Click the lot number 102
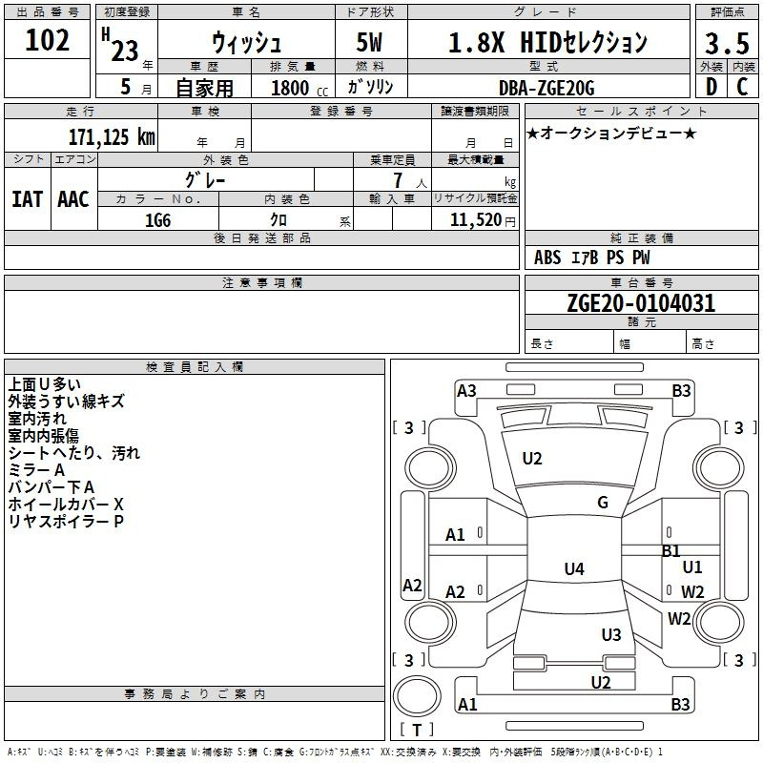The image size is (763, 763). [x=47, y=40]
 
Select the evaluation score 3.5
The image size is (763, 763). [x=727, y=43]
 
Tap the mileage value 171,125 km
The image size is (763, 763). [x=112, y=136]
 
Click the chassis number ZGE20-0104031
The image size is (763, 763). [x=641, y=303]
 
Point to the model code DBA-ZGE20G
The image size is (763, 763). [x=546, y=88]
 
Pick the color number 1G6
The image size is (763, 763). [x=157, y=220]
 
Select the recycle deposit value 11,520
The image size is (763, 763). [x=475, y=219]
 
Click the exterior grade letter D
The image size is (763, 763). [x=711, y=87]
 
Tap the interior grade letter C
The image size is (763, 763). [x=742, y=87]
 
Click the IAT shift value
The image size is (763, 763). [x=27, y=199]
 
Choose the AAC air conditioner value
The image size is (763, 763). [x=73, y=199]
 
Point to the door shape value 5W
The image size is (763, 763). [x=369, y=42]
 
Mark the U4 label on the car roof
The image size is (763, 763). [x=574, y=568]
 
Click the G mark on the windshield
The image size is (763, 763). [x=603, y=503]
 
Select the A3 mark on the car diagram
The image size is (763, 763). [x=466, y=391]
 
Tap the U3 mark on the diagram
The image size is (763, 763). [x=611, y=634]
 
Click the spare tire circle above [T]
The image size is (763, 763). [x=417, y=696]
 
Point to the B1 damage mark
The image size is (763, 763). [x=671, y=551]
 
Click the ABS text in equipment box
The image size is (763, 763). [x=547, y=258]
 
